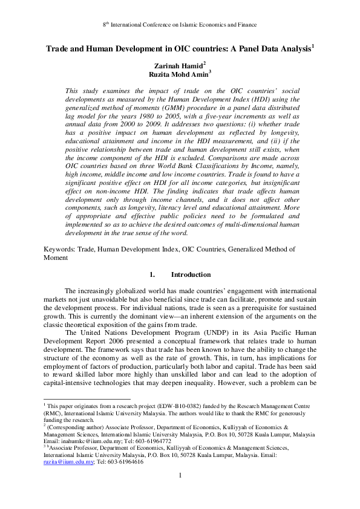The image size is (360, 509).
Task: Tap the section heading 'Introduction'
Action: tap(191, 274)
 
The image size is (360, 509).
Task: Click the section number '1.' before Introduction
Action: tap(153, 274)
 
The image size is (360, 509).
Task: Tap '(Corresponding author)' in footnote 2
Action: tap(73, 426)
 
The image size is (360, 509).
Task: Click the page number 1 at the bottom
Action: tap(180, 475)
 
